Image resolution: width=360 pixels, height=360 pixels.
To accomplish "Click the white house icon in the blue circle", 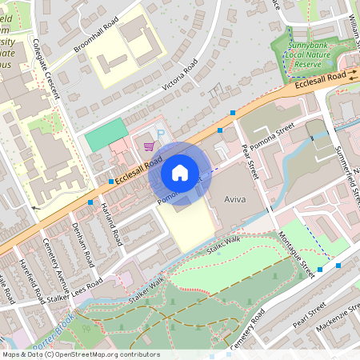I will click(180, 173).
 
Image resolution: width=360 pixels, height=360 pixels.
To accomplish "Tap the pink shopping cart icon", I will click(149, 146).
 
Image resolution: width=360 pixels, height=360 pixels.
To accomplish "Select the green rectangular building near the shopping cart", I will click(107, 134).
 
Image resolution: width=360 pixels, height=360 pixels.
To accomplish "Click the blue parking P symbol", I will click(161, 134).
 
